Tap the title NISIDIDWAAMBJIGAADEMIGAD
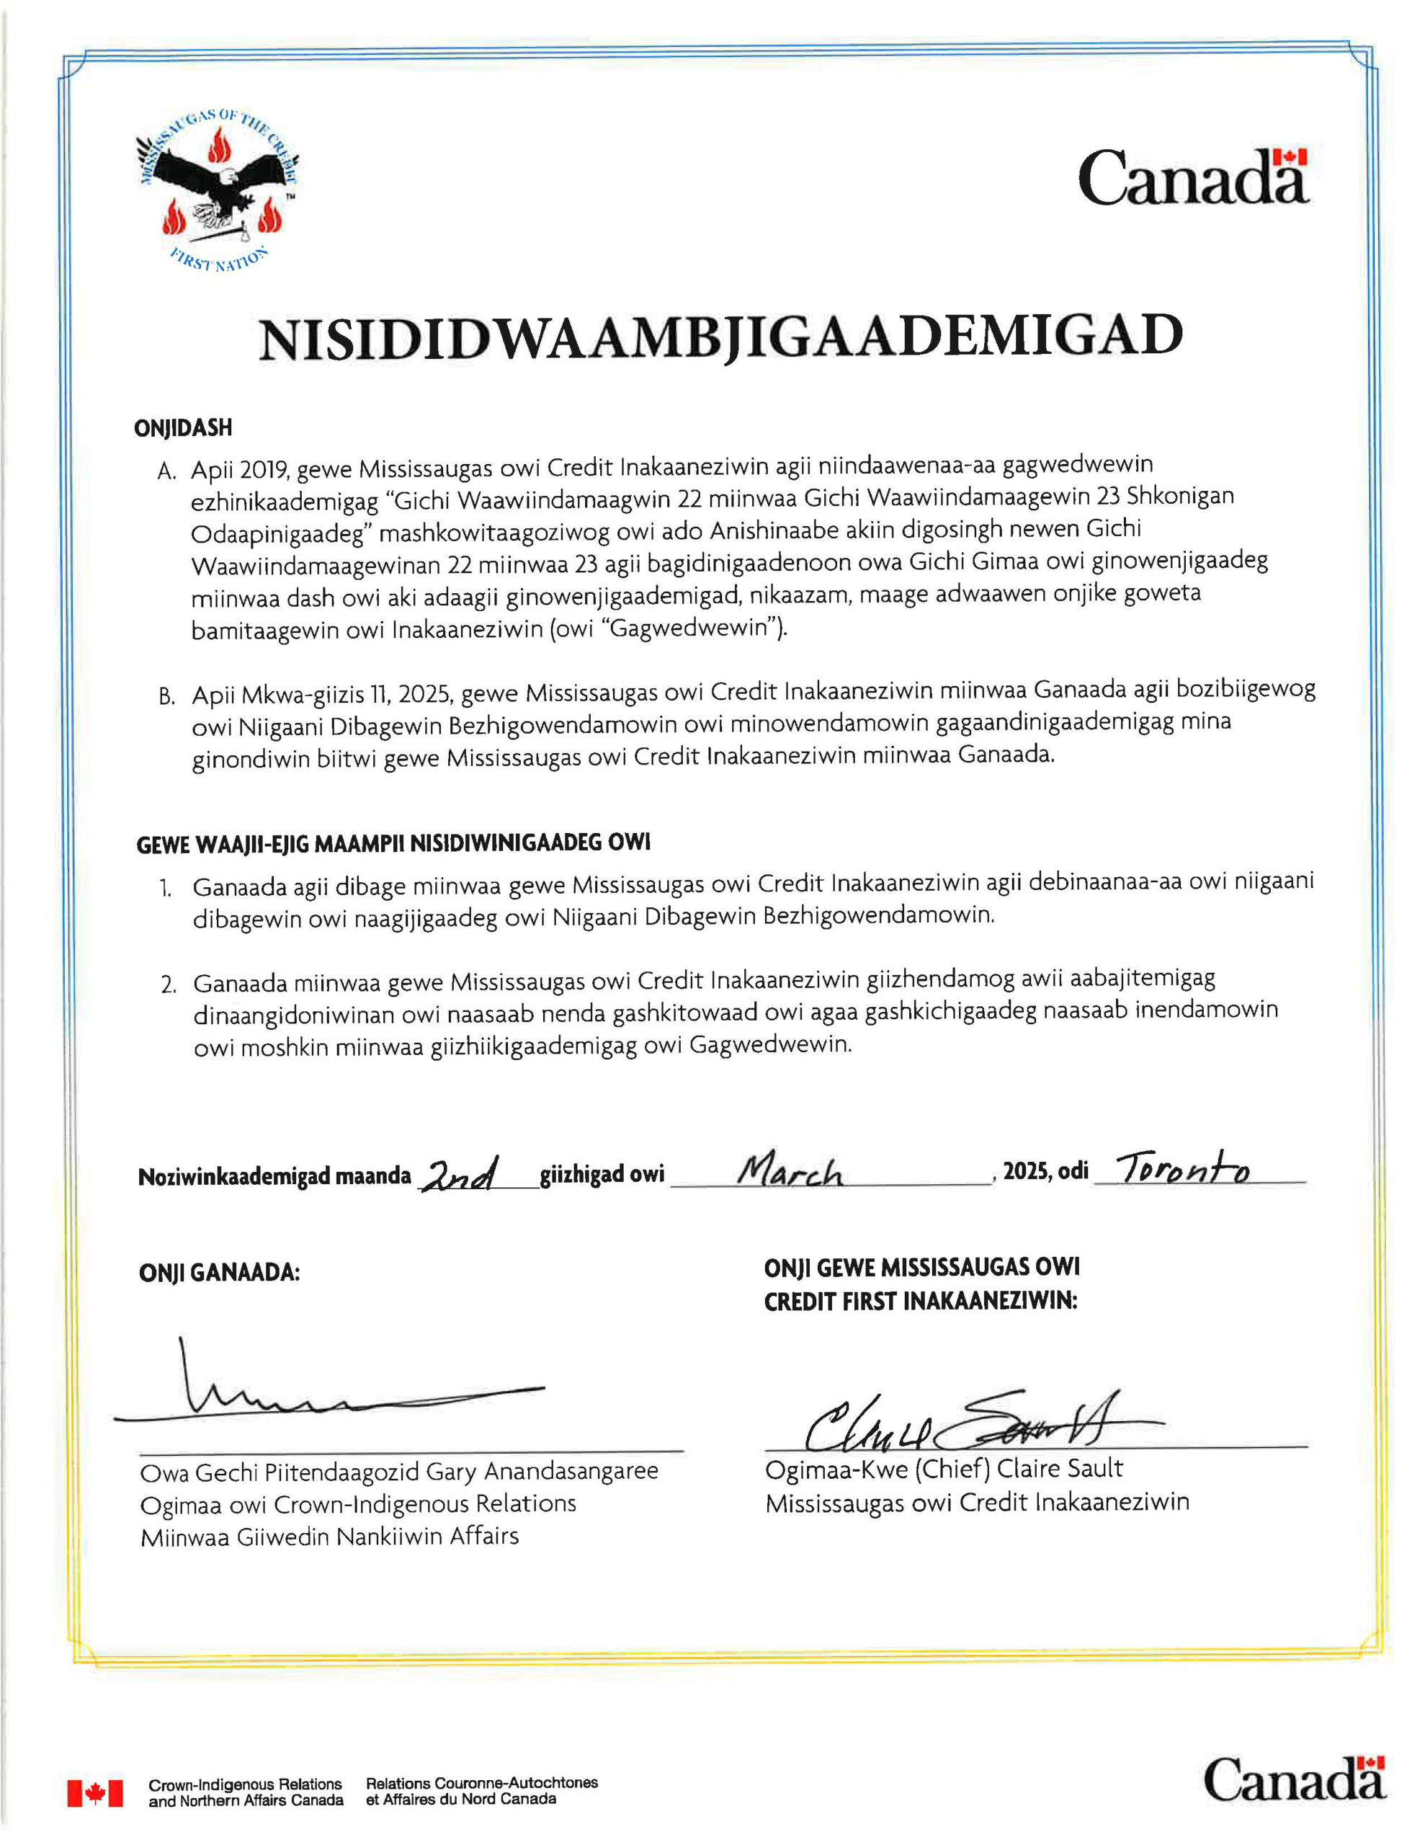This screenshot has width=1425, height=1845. tap(720, 337)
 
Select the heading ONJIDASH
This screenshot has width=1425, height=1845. tap(183, 428)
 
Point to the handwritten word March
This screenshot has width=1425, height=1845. tap(790, 1172)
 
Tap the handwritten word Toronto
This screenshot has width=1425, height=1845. tap(1181, 1169)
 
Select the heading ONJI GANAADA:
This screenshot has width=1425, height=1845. tap(220, 1273)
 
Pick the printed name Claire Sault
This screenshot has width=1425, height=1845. tap(1059, 1468)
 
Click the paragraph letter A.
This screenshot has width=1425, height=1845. tap(166, 471)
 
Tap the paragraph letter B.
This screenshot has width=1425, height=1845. tap(166, 697)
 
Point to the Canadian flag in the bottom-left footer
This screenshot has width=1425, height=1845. tap(94, 1792)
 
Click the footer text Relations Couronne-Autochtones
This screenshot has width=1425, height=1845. tap(481, 1783)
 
